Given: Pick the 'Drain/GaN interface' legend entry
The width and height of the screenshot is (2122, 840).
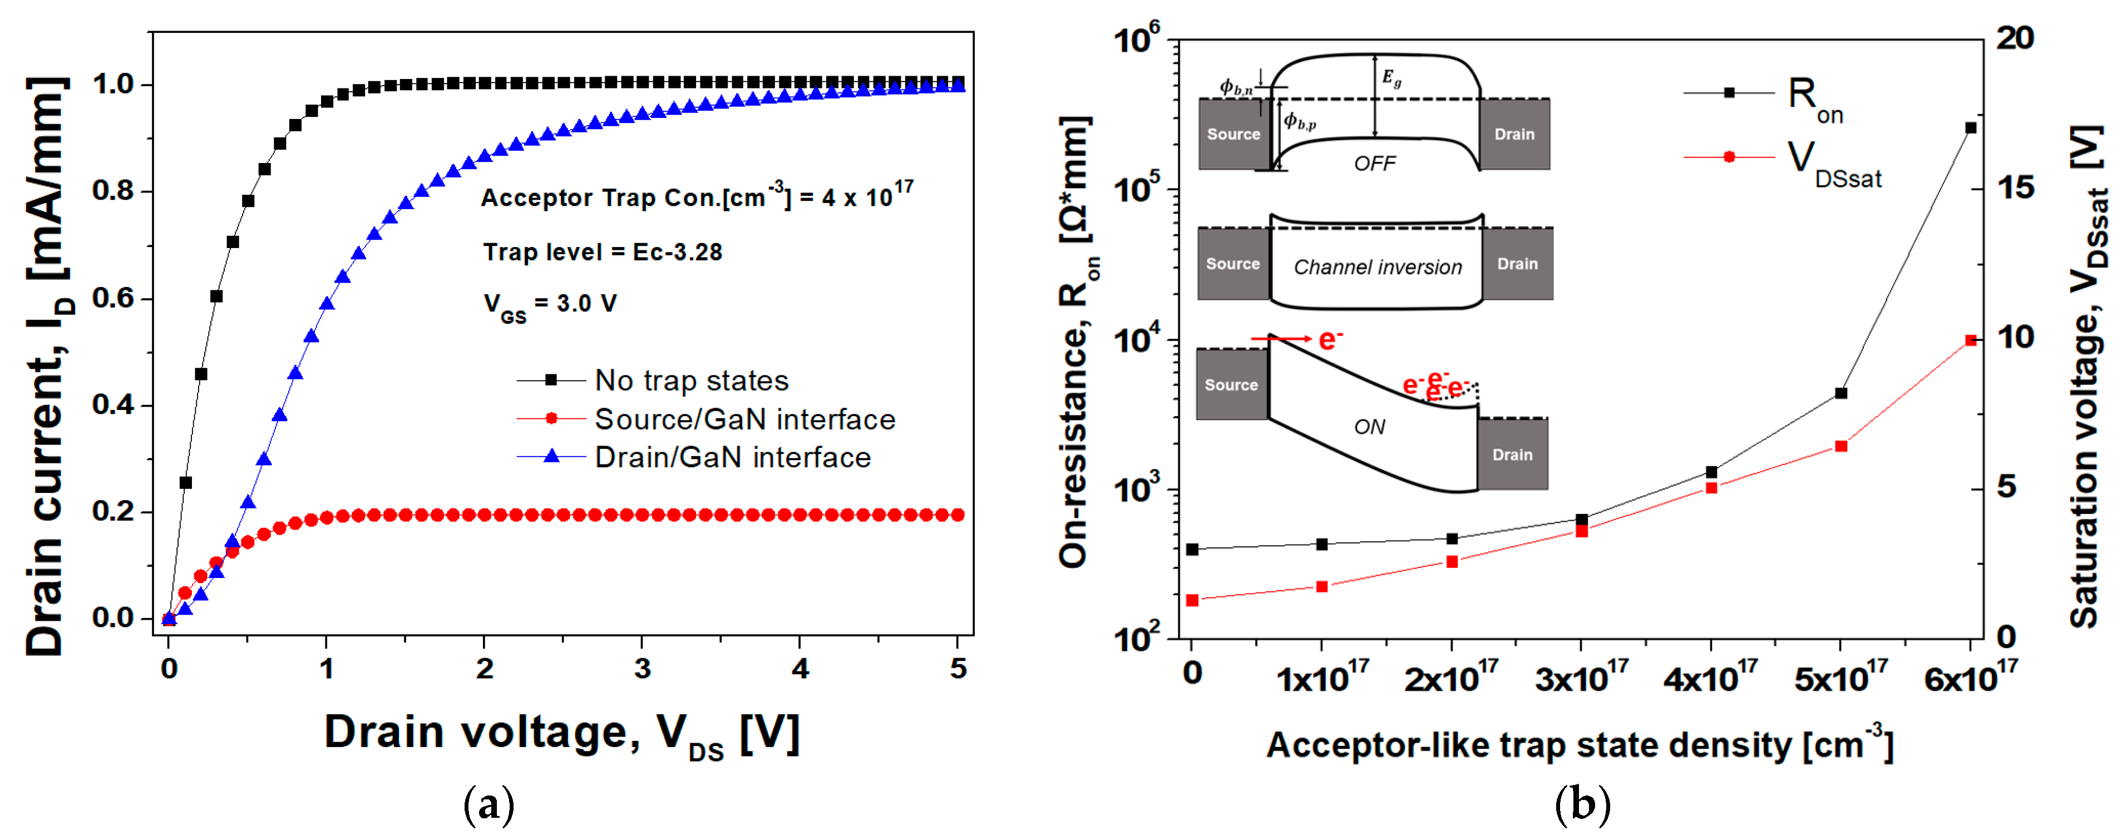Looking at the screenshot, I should tap(732, 457).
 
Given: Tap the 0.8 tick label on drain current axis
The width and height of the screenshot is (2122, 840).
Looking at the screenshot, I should tap(113, 191).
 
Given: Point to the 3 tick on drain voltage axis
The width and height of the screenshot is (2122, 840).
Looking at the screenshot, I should tap(641, 669).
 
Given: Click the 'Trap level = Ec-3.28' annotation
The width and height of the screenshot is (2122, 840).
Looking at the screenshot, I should tap(602, 252).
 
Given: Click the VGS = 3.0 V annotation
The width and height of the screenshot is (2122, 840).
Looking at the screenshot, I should tap(550, 305).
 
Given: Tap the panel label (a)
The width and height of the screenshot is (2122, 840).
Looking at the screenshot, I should tap(488, 804).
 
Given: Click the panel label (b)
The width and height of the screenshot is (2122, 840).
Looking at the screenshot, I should tap(1582, 804).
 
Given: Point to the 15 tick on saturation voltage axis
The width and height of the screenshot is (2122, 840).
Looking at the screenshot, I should tap(2016, 188).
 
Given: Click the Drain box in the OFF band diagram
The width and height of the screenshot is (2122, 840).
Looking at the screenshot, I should tap(1514, 134).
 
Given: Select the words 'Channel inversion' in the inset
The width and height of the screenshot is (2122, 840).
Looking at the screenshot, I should tap(1378, 267).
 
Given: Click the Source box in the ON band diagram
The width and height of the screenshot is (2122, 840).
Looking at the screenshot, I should tap(1231, 384).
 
